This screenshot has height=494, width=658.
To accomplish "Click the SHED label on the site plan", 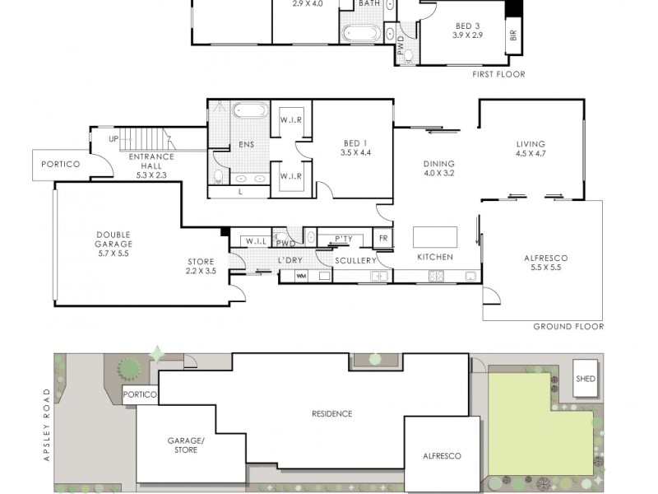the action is point(586,379).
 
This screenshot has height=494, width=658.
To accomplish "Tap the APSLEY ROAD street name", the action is point(47,425).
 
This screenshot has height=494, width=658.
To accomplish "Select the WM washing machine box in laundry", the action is point(301,276).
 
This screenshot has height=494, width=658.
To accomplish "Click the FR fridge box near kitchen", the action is point(383,238).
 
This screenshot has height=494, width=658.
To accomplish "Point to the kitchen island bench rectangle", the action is point(435,237).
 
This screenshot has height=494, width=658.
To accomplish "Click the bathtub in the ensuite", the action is point(251,112).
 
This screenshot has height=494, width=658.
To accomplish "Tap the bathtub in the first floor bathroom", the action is point(361,34).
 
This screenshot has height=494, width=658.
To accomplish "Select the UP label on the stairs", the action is point(114,138).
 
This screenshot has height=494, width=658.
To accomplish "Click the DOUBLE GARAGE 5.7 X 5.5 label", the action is point(114,244).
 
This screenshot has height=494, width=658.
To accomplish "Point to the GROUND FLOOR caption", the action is point(568,326).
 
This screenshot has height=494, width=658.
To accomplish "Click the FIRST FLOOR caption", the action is point(498,74).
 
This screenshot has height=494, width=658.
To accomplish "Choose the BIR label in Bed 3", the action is point(512,35).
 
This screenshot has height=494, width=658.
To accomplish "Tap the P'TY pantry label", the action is point(344,239).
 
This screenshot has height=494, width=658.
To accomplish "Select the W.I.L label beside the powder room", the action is point(256,241).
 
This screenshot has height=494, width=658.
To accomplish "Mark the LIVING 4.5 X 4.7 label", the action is point(531,149).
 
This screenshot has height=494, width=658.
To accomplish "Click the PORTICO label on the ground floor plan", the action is point(60,164).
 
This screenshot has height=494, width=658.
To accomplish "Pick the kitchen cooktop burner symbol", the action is point(436,276).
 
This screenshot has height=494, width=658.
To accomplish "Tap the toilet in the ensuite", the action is point(219,176).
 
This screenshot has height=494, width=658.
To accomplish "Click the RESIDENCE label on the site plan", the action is point(332,414).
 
